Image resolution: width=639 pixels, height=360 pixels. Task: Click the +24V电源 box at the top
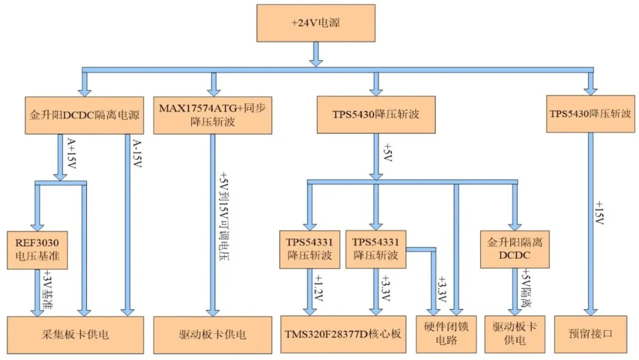coord(316,24)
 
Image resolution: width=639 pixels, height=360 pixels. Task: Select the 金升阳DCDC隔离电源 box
coord(85,114)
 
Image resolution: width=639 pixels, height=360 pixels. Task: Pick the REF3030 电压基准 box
coord(37,250)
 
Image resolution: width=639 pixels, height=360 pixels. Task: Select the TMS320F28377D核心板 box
coord(343,335)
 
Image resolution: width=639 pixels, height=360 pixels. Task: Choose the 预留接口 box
coord(591,335)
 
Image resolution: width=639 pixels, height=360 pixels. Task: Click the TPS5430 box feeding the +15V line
coord(590,114)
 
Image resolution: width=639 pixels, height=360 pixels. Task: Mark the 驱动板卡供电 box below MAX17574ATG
coord(212,335)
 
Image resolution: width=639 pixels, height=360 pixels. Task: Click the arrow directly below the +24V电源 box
coord(316,56)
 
